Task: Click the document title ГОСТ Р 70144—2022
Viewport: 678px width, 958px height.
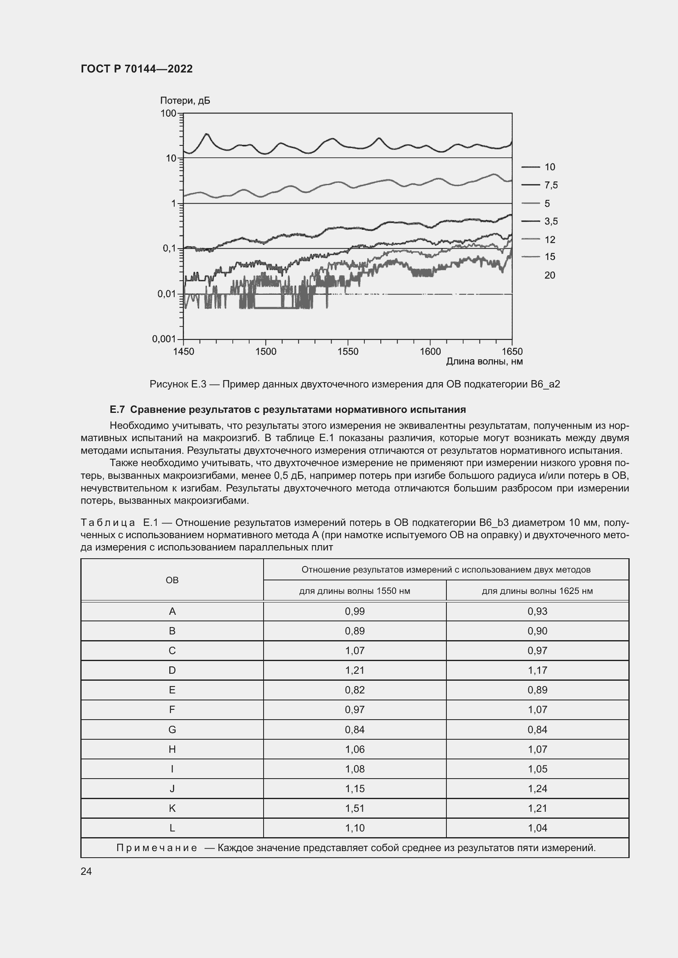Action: pyautogui.click(x=137, y=69)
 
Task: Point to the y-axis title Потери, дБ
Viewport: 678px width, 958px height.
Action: pyautogui.click(x=185, y=101)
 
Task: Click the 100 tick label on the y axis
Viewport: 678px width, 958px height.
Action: pyautogui.click(x=168, y=113)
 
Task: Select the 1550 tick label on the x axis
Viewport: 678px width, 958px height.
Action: pyautogui.click(x=348, y=352)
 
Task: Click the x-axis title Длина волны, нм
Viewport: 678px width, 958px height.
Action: pyautogui.click(x=484, y=361)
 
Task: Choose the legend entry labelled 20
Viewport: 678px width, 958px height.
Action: pyautogui.click(x=549, y=275)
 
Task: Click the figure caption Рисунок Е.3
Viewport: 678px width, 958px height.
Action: pyautogui.click(x=178, y=384)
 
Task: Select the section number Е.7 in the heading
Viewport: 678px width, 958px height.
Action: pyautogui.click(x=117, y=410)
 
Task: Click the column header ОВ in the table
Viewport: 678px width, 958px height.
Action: pyautogui.click(x=172, y=580)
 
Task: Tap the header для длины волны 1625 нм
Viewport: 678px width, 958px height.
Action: pyautogui.click(x=537, y=591)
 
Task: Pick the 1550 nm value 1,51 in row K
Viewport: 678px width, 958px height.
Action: pyautogui.click(x=355, y=808)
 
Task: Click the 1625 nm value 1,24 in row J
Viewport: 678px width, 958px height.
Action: pyautogui.click(x=537, y=788)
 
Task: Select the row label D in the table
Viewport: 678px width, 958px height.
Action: pyautogui.click(x=172, y=670)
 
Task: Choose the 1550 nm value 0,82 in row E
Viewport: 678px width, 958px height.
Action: pyautogui.click(x=355, y=690)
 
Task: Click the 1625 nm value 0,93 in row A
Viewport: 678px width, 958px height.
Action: pyautogui.click(x=537, y=611)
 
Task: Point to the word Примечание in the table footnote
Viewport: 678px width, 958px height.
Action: pyautogui.click(x=157, y=848)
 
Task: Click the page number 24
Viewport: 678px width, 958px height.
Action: pyautogui.click(x=86, y=871)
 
